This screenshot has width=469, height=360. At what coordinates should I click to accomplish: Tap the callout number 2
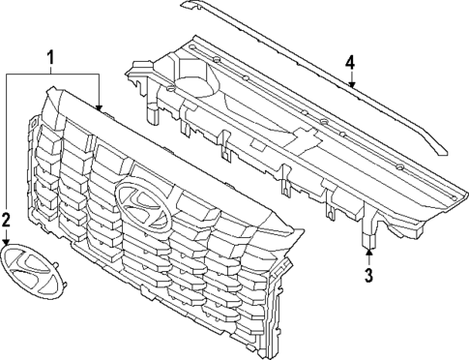pyautogui.click(x=7, y=220)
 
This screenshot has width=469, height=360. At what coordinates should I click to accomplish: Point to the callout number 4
pyautogui.click(x=350, y=63)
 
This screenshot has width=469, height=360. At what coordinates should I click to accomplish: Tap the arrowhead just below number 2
pyautogui.click(x=7, y=242)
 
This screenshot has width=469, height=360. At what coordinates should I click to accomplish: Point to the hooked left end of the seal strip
pyautogui.click(x=185, y=5)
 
